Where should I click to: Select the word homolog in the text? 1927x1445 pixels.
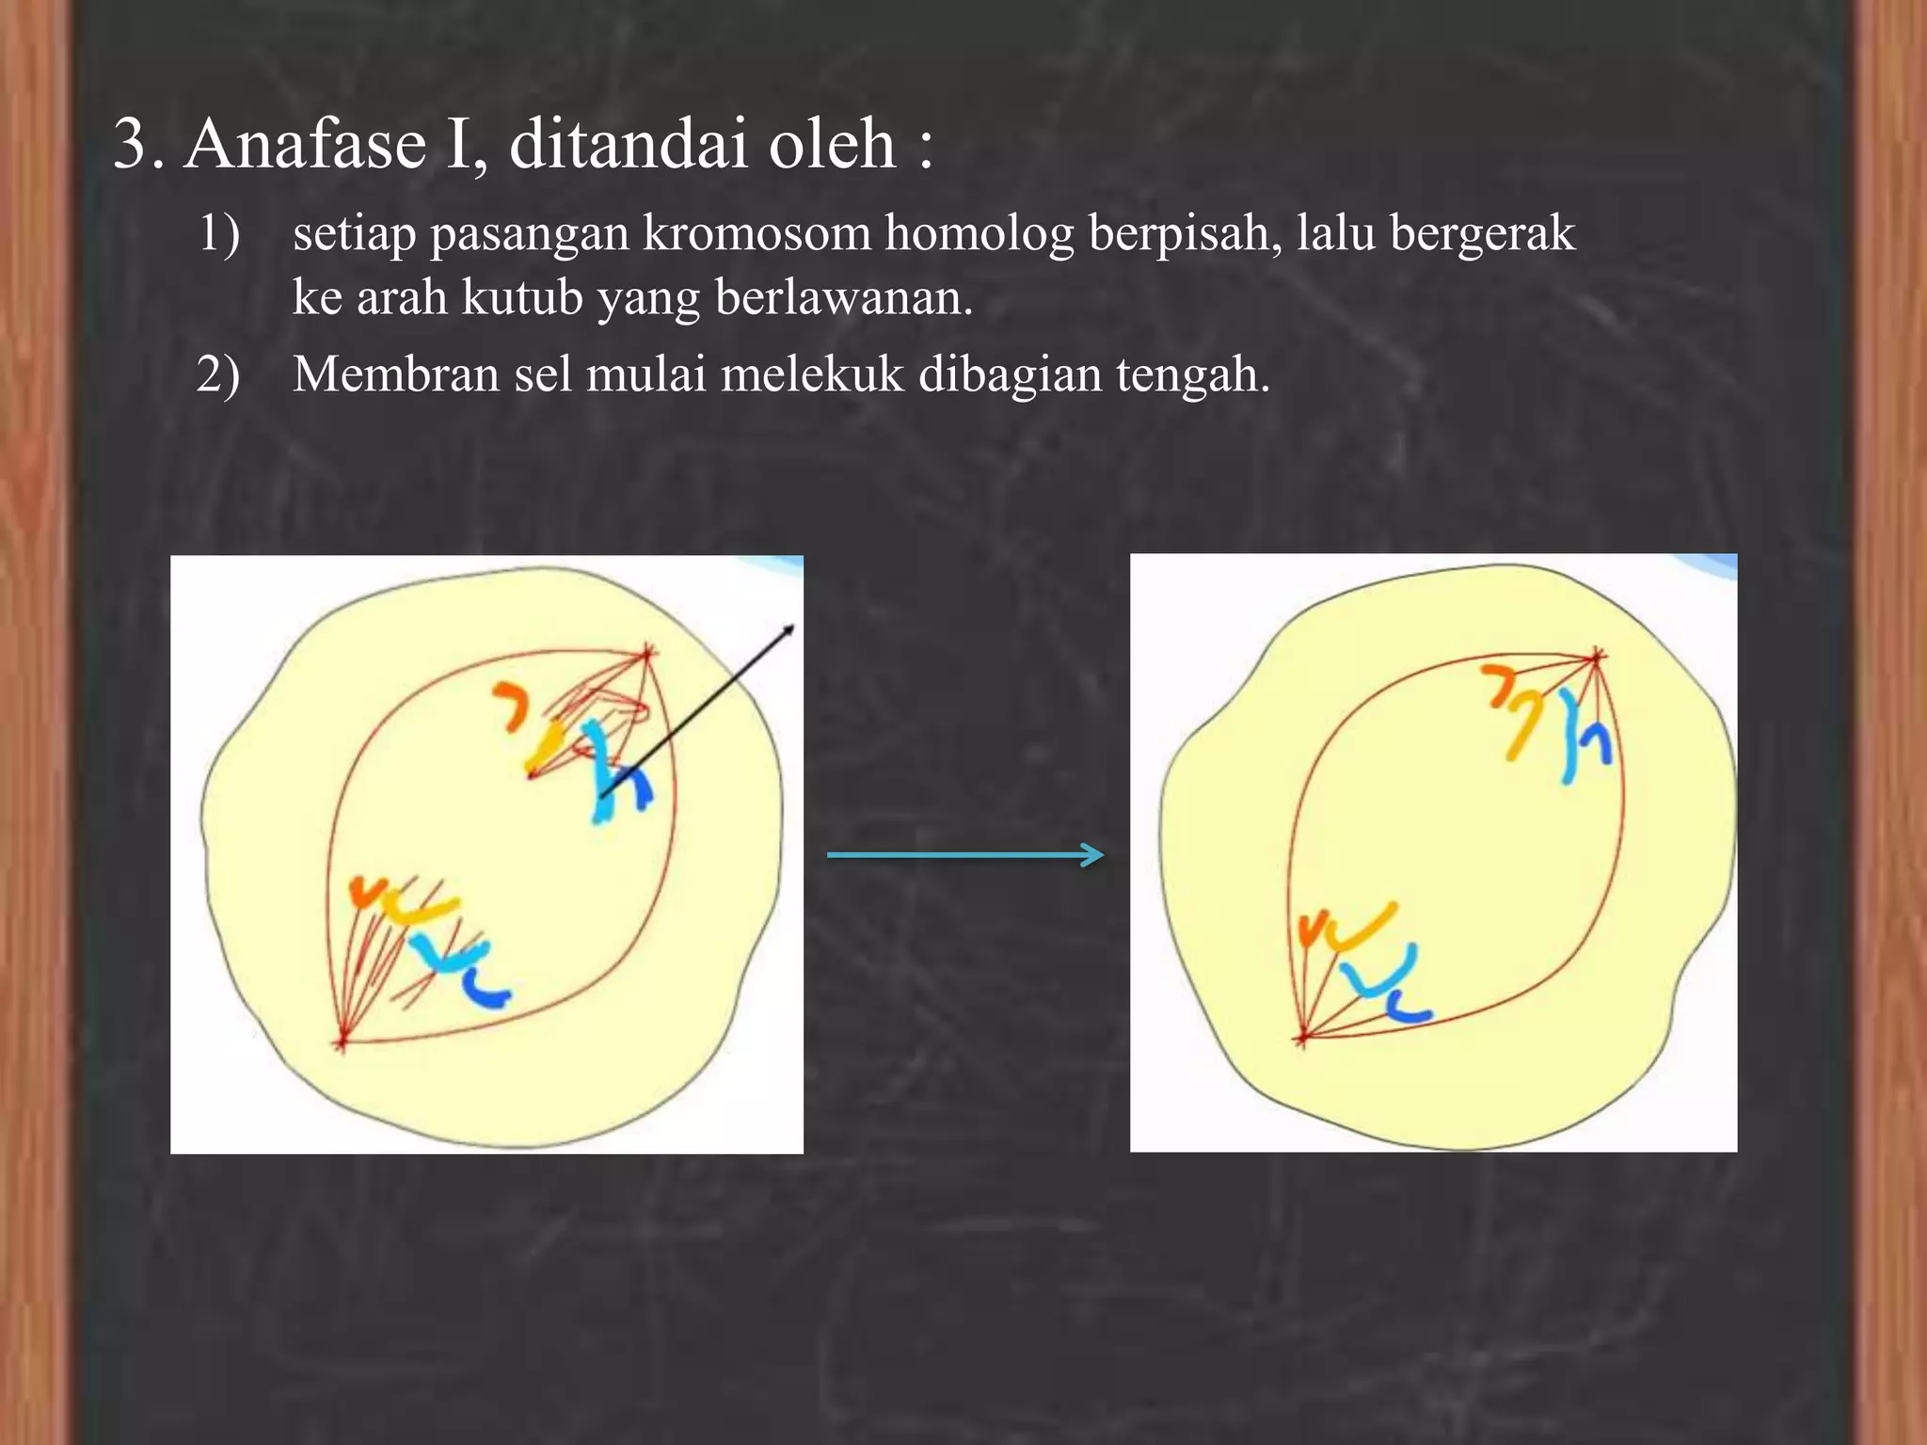coord(979,233)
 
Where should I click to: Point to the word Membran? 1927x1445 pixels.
coord(395,374)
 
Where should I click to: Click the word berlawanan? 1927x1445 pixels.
coord(843,297)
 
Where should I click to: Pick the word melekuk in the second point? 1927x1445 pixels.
coord(811,374)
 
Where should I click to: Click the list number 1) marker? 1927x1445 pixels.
coord(218,233)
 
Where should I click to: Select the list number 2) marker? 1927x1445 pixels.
coord(218,374)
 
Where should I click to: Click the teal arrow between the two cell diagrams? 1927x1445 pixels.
coord(964,855)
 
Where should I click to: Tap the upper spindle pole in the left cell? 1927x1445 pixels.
coord(647,651)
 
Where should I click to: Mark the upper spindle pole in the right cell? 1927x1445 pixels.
coord(1596,658)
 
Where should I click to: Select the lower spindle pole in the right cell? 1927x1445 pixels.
coord(1303,1037)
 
